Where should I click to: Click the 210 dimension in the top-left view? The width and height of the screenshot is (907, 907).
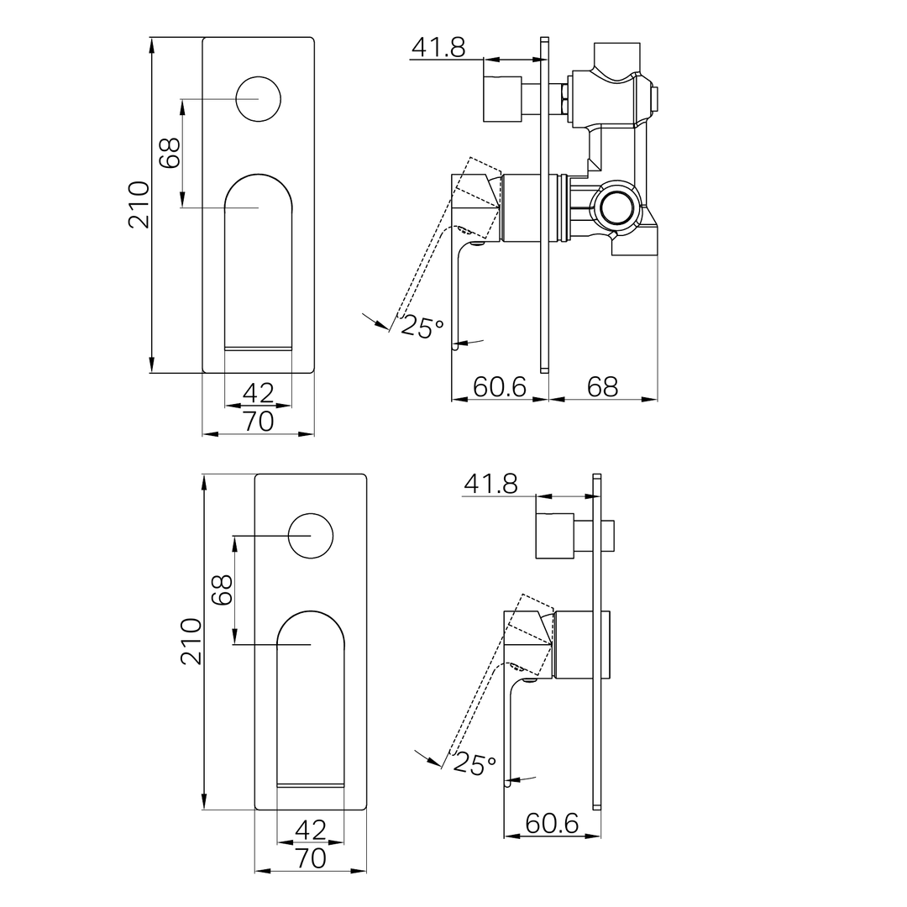[x=139, y=204]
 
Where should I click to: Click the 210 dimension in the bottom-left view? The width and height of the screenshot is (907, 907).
[x=191, y=641]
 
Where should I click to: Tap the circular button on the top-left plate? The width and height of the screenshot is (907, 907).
[x=259, y=99]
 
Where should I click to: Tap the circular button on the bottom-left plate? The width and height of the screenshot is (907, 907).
[x=311, y=535]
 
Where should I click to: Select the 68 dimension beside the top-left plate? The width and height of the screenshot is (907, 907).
[x=170, y=153]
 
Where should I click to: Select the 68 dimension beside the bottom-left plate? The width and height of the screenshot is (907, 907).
[x=222, y=590]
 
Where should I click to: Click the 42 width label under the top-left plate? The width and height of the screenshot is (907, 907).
[x=259, y=393]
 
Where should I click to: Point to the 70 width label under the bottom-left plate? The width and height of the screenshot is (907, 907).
[x=311, y=858]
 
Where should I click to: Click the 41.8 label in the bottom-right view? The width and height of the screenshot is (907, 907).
[x=490, y=484]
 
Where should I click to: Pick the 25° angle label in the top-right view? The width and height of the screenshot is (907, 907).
[x=422, y=327]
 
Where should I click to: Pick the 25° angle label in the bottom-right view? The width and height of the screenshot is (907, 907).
[x=474, y=763]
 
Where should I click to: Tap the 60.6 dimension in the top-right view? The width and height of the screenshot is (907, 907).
[x=500, y=387]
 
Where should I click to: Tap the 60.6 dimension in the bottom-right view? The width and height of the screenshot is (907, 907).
[x=552, y=824]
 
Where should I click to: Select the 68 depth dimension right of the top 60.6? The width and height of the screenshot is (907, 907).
[x=602, y=387]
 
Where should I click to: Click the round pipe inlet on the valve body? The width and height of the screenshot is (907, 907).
[x=618, y=205]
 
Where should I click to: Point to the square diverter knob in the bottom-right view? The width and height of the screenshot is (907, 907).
[x=554, y=534]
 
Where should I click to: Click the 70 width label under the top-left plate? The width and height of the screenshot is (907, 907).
[x=259, y=422]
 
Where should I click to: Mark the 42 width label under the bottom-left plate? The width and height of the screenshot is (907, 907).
[x=311, y=830]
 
